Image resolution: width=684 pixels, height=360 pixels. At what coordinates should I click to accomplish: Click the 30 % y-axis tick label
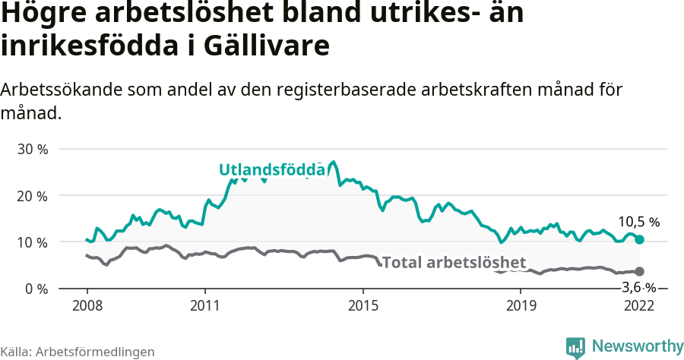(x=33, y=149)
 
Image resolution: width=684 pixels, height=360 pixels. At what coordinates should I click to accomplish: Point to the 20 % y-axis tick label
(x=33, y=195)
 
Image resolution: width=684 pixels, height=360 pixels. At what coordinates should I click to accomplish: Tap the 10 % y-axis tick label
(x=33, y=242)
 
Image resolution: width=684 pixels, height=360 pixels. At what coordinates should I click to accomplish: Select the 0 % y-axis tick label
(x=36, y=289)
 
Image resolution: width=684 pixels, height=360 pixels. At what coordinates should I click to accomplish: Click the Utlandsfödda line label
(x=272, y=170)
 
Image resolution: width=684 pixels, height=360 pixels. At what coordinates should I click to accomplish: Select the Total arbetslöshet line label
(x=454, y=263)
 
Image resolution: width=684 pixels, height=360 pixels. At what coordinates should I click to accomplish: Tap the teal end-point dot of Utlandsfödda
(x=640, y=239)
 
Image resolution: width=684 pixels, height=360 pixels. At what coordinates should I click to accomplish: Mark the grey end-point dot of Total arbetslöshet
(x=640, y=271)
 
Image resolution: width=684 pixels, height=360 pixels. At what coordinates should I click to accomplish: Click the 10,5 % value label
(x=638, y=223)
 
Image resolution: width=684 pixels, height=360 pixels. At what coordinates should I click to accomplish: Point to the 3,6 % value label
(x=638, y=287)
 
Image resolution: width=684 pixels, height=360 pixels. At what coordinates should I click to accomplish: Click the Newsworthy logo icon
(x=575, y=346)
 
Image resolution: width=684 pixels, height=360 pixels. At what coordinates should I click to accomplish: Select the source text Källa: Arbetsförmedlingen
(x=78, y=352)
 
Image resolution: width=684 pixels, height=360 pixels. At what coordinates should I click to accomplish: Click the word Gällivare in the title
(x=267, y=45)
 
